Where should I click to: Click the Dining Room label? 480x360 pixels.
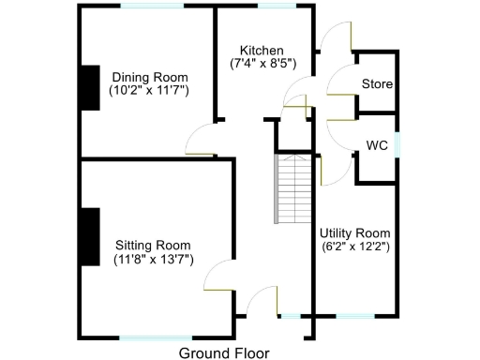[149, 77]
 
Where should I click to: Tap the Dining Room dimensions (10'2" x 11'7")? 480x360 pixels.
[149, 91]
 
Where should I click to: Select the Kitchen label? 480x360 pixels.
[262, 51]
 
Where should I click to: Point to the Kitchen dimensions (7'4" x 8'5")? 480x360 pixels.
[262, 65]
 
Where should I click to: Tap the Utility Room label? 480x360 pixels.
[354, 232]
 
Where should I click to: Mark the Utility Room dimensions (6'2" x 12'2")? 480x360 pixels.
[354, 247]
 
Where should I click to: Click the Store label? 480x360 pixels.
[377, 84]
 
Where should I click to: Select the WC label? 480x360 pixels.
[377, 145]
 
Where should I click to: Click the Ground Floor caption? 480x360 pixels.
[223, 352]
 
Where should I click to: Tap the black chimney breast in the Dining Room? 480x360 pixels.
[89, 89]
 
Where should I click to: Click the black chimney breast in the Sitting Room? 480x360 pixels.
[89, 235]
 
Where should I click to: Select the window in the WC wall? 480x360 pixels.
[397, 145]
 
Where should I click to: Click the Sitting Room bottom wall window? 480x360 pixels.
[155, 337]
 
